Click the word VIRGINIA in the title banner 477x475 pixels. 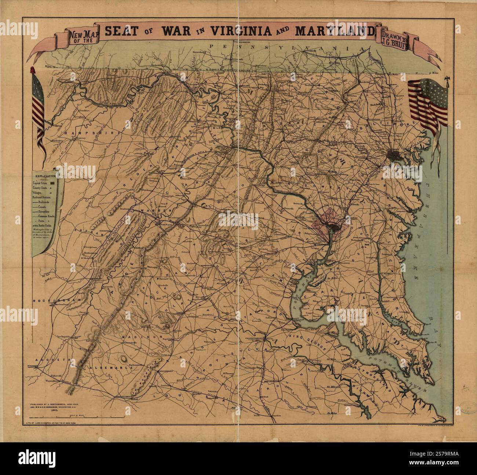tap(242, 31)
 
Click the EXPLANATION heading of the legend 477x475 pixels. tap(44, 176)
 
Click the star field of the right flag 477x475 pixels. tap(422, 91)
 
